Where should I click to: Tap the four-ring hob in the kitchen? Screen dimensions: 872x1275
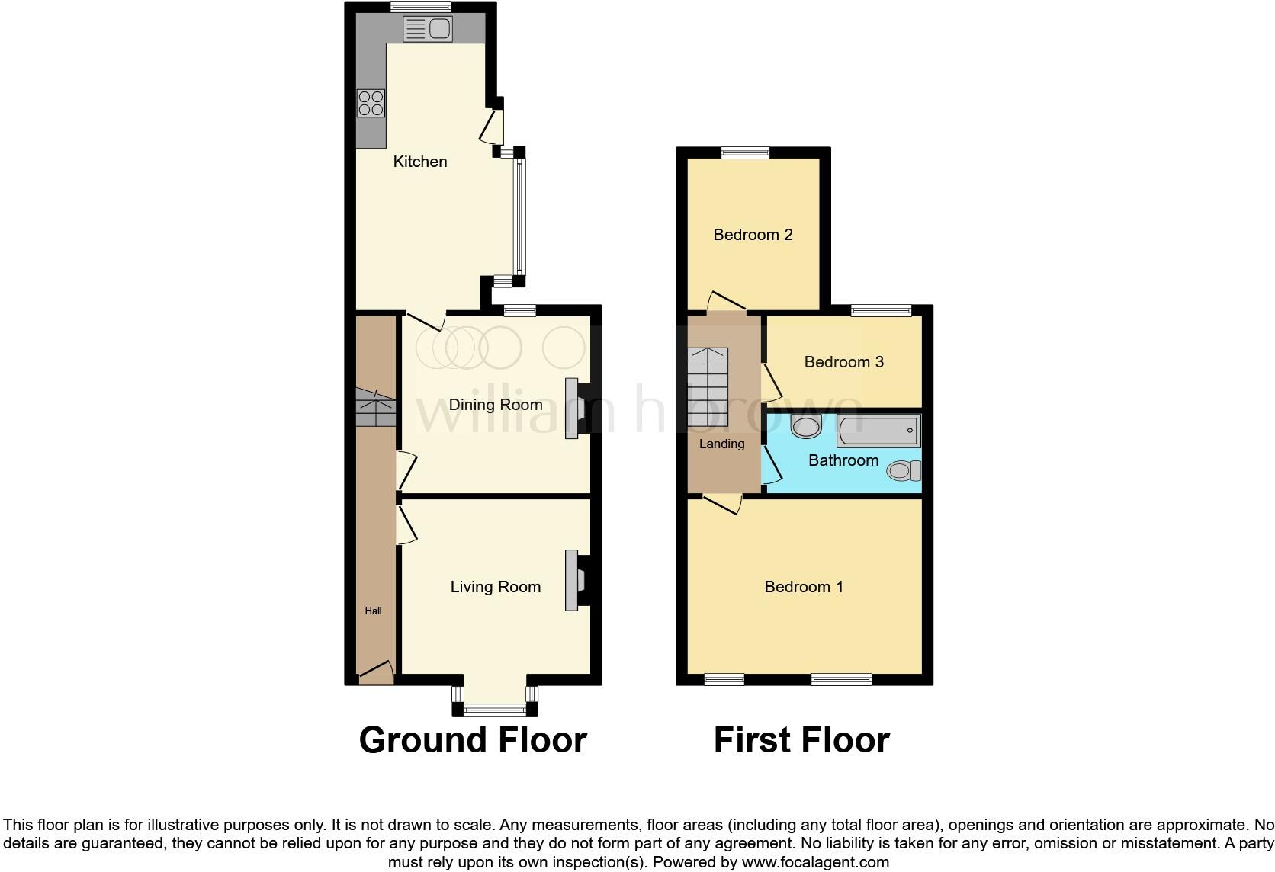[x=371, y=104]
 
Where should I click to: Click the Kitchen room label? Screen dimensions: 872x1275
[x=419, y=162]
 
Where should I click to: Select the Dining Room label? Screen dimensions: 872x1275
[x=496, y=405]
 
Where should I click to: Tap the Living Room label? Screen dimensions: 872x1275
[x=496, y=587]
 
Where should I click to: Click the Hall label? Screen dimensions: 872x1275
[x=374, y=611]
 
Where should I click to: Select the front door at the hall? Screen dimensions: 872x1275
[x=376, y=672]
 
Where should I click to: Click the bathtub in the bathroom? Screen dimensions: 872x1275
[x=878, y=431]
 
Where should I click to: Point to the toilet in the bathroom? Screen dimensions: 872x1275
[x=904, y=471]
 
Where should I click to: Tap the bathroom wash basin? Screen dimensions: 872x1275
[x=805, y=426]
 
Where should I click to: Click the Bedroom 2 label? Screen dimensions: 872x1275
[x=753, y=235]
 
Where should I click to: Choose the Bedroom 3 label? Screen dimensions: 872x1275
[x=843, y=362]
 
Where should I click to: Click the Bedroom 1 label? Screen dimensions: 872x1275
[x=804, y=587]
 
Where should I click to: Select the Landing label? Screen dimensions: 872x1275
[x=721, y=444]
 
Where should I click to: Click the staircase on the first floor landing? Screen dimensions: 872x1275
[x=708, y=387]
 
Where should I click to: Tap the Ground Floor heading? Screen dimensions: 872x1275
[x=473, y=740]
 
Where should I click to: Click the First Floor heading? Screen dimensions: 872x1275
[x=801, y=740]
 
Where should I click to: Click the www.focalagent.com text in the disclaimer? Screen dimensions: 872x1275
[x=815, y=863]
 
